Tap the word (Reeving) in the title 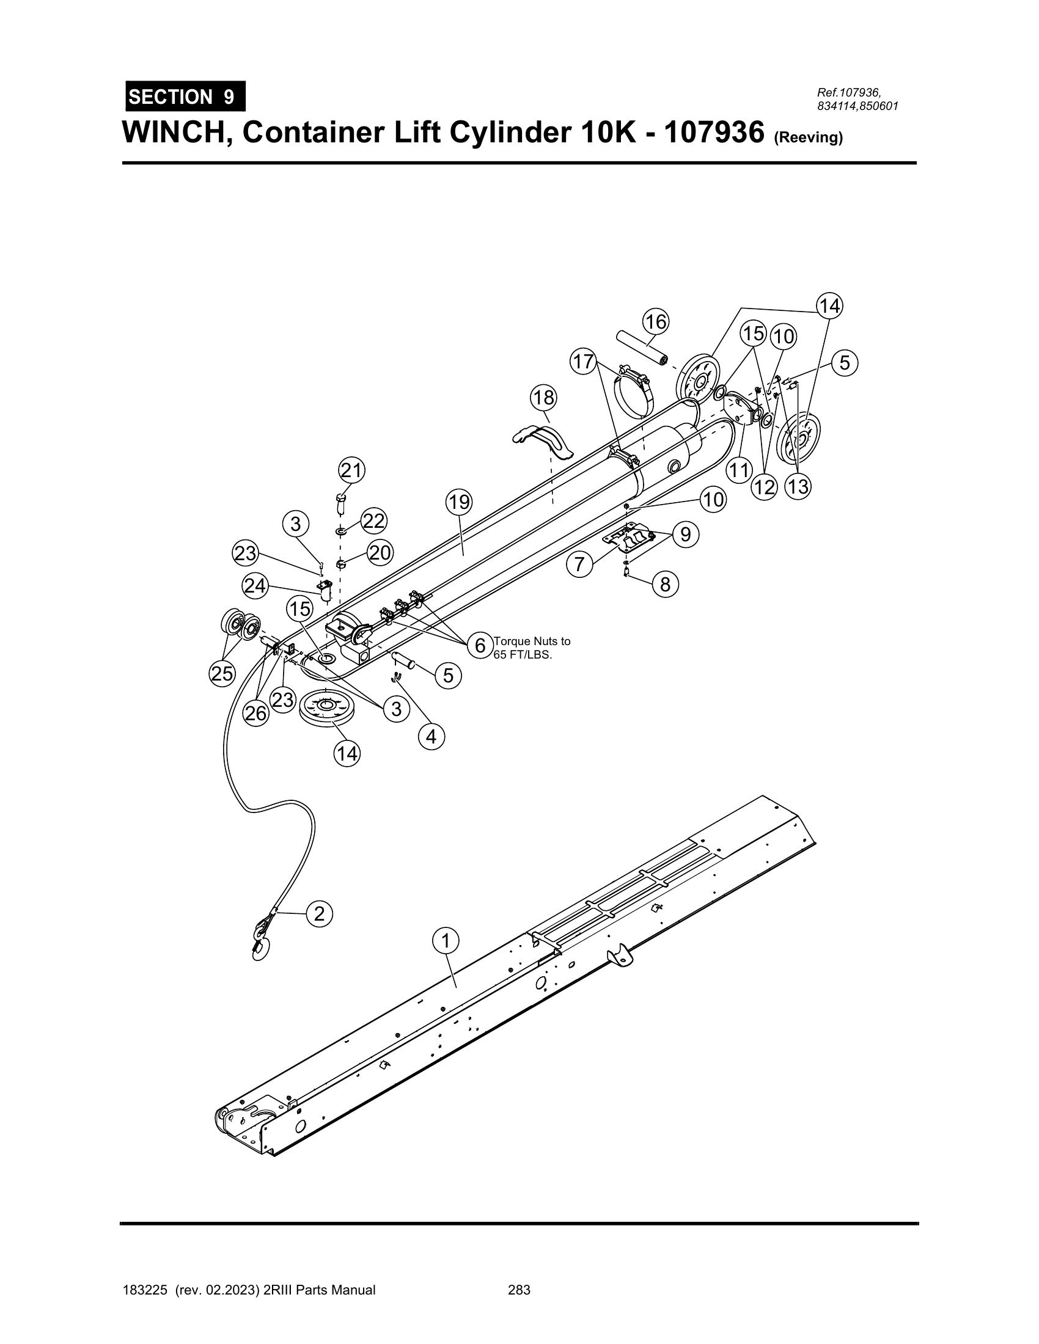pyautogui.click(x=807, y=138)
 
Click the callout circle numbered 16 pyautogui.click(x=656, y=321)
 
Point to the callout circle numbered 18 pyautogui.click(x=544, y=398)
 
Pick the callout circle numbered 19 pyautogui.click(x=459, y=503)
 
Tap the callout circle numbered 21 pyautogui.click(x=351, y=471)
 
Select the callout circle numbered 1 pyautogui.click(x=445, y=941)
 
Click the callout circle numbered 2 pyautogui.click(x=319, y=914)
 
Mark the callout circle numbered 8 pyautogui.click(x=666, y=584)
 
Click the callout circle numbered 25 pyautogui.click(x=223, y=674)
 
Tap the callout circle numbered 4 pyautogui.click(x=431, y=736)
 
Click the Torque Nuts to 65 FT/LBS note pyautogui.click(x=532, y=648)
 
